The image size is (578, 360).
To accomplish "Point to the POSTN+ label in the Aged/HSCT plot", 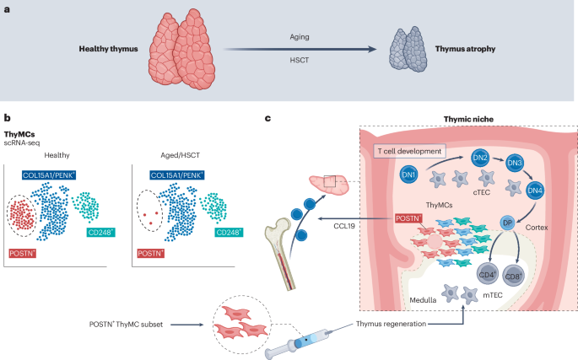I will pos(152,252).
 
